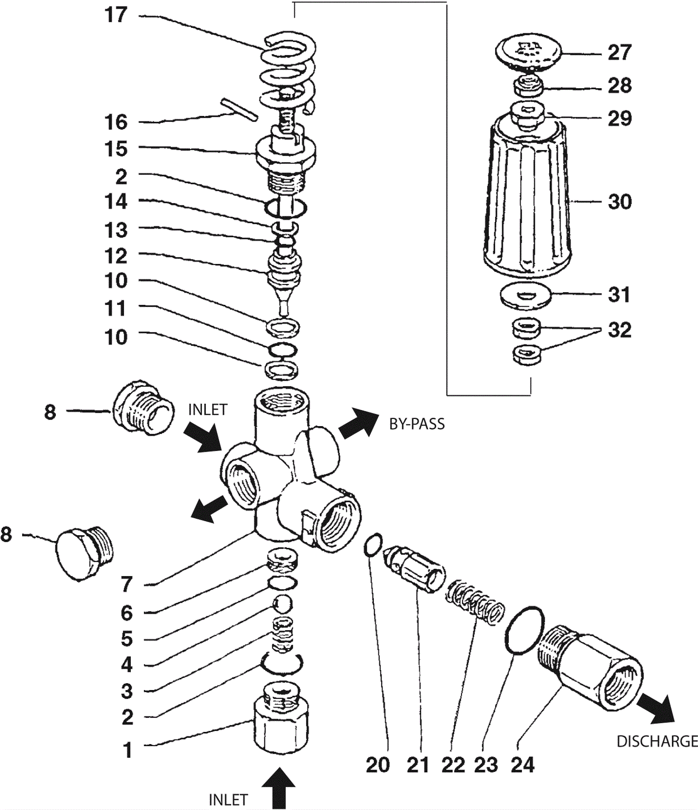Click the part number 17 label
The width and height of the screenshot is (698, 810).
pyautogui.click(x=116, y=15)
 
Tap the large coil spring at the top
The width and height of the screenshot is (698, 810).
pyautogui.click(x=288, y=72)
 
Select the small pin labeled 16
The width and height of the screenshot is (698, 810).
pyautogui.click(x=240, y=109)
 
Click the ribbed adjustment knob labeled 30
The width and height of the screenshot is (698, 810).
pyautogui.click(x=527, y=198)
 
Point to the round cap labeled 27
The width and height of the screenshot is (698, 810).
pyautogui.click(x=528, y=51)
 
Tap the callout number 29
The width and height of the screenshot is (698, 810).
pyautogui.click(x=620, y=119)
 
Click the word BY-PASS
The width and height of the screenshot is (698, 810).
pyautogui.click(x=417, y=424)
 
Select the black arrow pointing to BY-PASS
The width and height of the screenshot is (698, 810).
pyautogui.click(x=359, y=423)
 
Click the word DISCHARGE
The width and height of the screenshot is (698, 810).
pyautogui.click(x=657, y=741)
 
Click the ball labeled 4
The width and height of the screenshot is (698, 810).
pyautogui.click(x=282, y=604)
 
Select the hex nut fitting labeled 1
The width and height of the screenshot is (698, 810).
pyautogui.click(x=281, y=717)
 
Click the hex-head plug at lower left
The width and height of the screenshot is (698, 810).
pyautogui.click(x=84, y=553)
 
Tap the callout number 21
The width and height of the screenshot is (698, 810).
pyautogui.click(x=418, y=765)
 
